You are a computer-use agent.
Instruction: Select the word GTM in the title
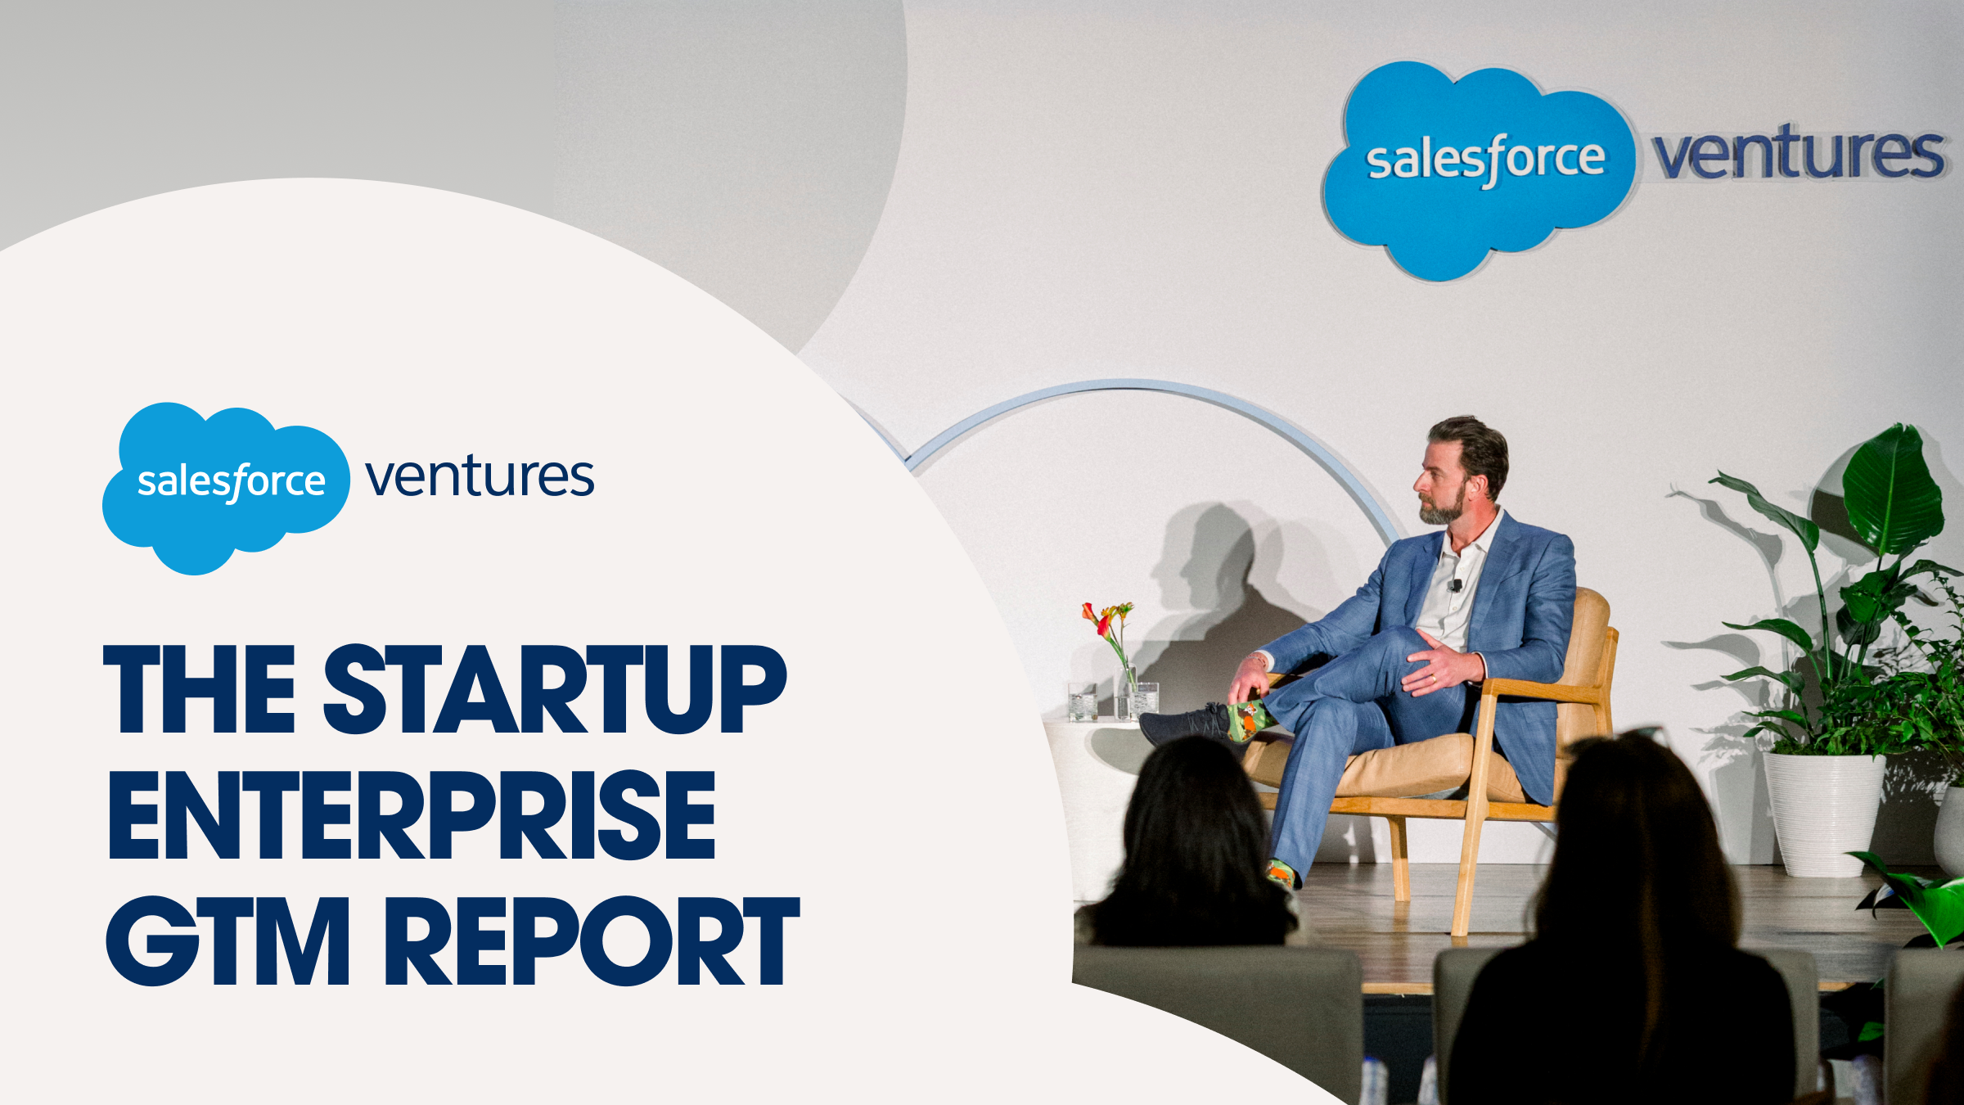227,941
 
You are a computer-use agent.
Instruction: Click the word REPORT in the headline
591,941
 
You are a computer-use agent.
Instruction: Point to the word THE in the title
199,689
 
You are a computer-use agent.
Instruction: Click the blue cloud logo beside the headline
226,487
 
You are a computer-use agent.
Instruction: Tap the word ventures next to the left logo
480,477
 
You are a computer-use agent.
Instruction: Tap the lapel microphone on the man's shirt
1456,585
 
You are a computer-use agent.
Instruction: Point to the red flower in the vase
1089,613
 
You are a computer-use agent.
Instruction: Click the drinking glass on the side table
1082,701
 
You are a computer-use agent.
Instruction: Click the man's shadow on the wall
1211,573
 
